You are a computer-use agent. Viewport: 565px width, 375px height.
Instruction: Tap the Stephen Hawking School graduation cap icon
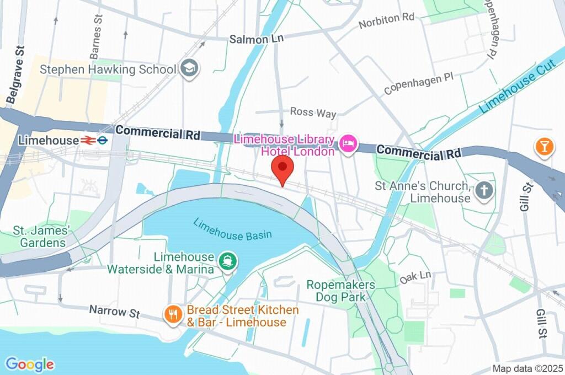190,68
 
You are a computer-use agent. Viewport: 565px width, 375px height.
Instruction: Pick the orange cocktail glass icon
544,146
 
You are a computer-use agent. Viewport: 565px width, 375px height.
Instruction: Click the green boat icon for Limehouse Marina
227,261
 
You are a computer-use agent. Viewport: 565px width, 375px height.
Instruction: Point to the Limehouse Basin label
232,229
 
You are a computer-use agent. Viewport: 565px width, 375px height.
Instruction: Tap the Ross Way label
313,113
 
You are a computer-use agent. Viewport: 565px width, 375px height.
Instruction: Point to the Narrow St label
115,312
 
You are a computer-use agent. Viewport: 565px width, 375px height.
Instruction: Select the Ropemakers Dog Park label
341,291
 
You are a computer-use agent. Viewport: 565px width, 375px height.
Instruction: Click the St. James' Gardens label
44,235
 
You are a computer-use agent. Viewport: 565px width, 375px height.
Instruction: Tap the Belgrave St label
16,75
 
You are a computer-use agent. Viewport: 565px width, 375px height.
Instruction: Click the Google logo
30,364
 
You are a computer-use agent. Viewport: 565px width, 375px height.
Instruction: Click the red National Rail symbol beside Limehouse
87,141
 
